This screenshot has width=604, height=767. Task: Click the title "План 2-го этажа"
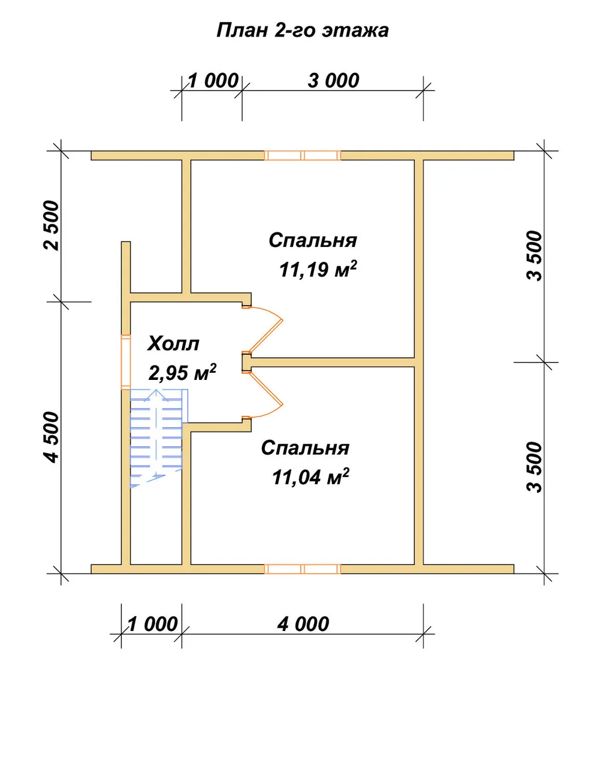coord(303,31)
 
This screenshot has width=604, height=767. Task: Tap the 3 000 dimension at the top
coord(333,80)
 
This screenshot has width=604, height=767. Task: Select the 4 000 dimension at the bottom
coord(303,624)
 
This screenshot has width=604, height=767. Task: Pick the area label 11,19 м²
coord(318,269)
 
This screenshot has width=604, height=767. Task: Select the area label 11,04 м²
coord(310,477)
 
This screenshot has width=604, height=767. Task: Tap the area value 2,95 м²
coord(182,373)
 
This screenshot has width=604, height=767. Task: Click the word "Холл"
coord(173,344)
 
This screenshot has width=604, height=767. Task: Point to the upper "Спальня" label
coord(313,240)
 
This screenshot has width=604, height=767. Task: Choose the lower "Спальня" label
coord(305,448)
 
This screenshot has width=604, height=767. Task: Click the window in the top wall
coord(303,156)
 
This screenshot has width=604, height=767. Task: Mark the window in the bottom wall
coord(303,569)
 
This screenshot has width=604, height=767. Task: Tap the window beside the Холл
coord(126,362)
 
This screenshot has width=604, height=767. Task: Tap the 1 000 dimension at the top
coord(213,80)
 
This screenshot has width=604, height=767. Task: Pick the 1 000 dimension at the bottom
coord(153,624)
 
